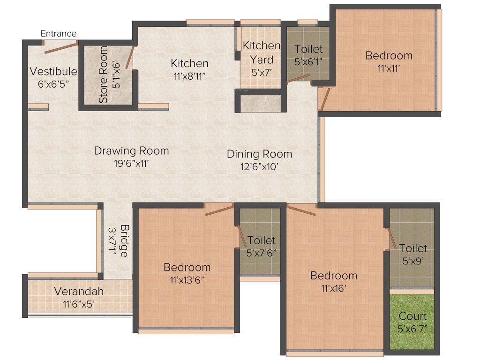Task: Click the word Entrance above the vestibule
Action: click(59, 33)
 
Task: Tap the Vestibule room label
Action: click(53, 71)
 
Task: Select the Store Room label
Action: click(104, 75)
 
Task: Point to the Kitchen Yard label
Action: click(261, 53)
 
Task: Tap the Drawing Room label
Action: click(131, 151)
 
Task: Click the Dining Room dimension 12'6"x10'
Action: click(259, 167)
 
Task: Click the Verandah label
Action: click(79, 291)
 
